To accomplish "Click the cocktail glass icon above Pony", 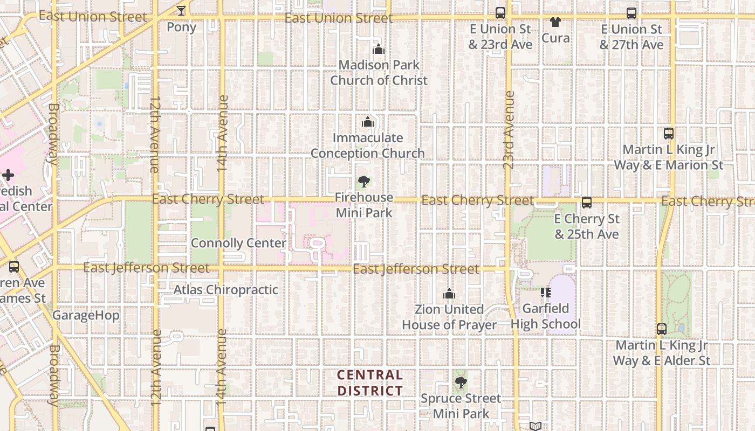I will click(181, 10).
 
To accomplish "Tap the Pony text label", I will click(181, 27).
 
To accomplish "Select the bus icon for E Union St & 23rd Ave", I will click(500, 13).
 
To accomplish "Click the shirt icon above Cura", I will click(555, 22).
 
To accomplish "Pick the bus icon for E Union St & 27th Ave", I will click(632, 13).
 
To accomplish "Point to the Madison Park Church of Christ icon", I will click(379, 49).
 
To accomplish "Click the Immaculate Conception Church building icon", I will click(368, 122).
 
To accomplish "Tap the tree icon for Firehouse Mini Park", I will click(364, 182).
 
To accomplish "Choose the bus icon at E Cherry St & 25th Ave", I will click(587, 203).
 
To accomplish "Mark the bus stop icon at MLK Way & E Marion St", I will click(669, 134).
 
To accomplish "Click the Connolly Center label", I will click(238, 243).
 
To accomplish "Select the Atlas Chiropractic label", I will click(225, 290).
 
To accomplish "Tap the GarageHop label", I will click(86, 315).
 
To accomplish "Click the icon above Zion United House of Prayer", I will click(449, 294).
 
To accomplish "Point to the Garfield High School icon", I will click(545, 293).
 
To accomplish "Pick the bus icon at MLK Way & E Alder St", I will click(662, 329).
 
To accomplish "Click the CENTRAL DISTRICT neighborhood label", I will click(370, 383).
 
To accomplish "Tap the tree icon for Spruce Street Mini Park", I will click(461, 383).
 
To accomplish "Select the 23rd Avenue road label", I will click(509, 130).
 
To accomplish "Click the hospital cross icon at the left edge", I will click(8, 175).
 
